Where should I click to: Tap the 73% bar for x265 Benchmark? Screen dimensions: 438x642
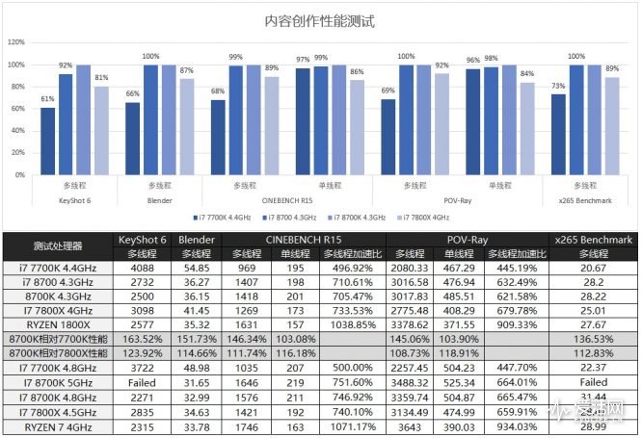(558, 136)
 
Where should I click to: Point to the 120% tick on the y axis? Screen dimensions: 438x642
(16, 43)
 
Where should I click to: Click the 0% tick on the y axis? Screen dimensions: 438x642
(19, 176)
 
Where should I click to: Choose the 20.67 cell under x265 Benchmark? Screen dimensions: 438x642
(591, 268)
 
